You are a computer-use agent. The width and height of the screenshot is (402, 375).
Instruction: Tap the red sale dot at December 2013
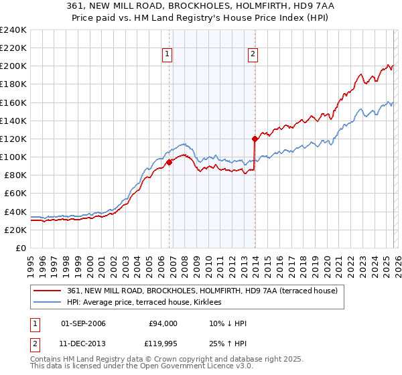pos(255,139)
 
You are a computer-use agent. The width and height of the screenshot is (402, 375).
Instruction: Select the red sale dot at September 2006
pos(169,162)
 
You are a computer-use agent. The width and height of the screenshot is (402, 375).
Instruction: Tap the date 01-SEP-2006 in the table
pos(83,323)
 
